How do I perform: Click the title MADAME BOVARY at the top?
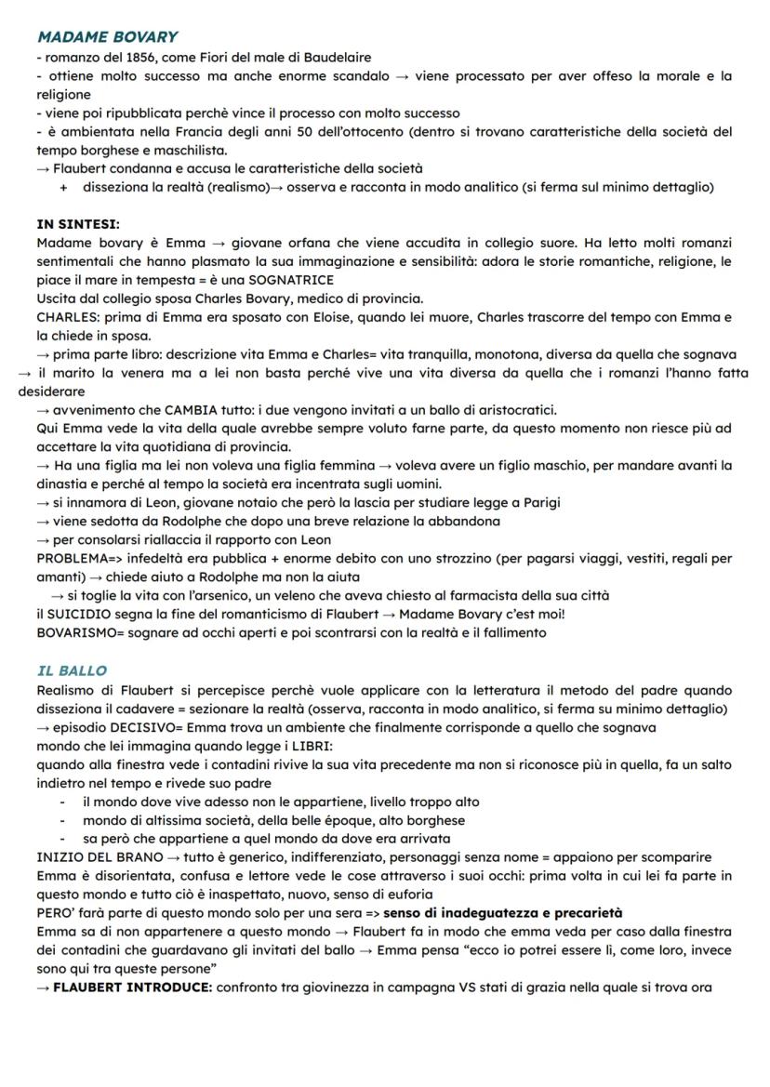click(107, 37)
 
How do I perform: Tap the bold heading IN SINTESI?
click(78, 224)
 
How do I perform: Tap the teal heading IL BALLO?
click(72, 670)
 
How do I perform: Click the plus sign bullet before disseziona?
click(63, 188)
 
